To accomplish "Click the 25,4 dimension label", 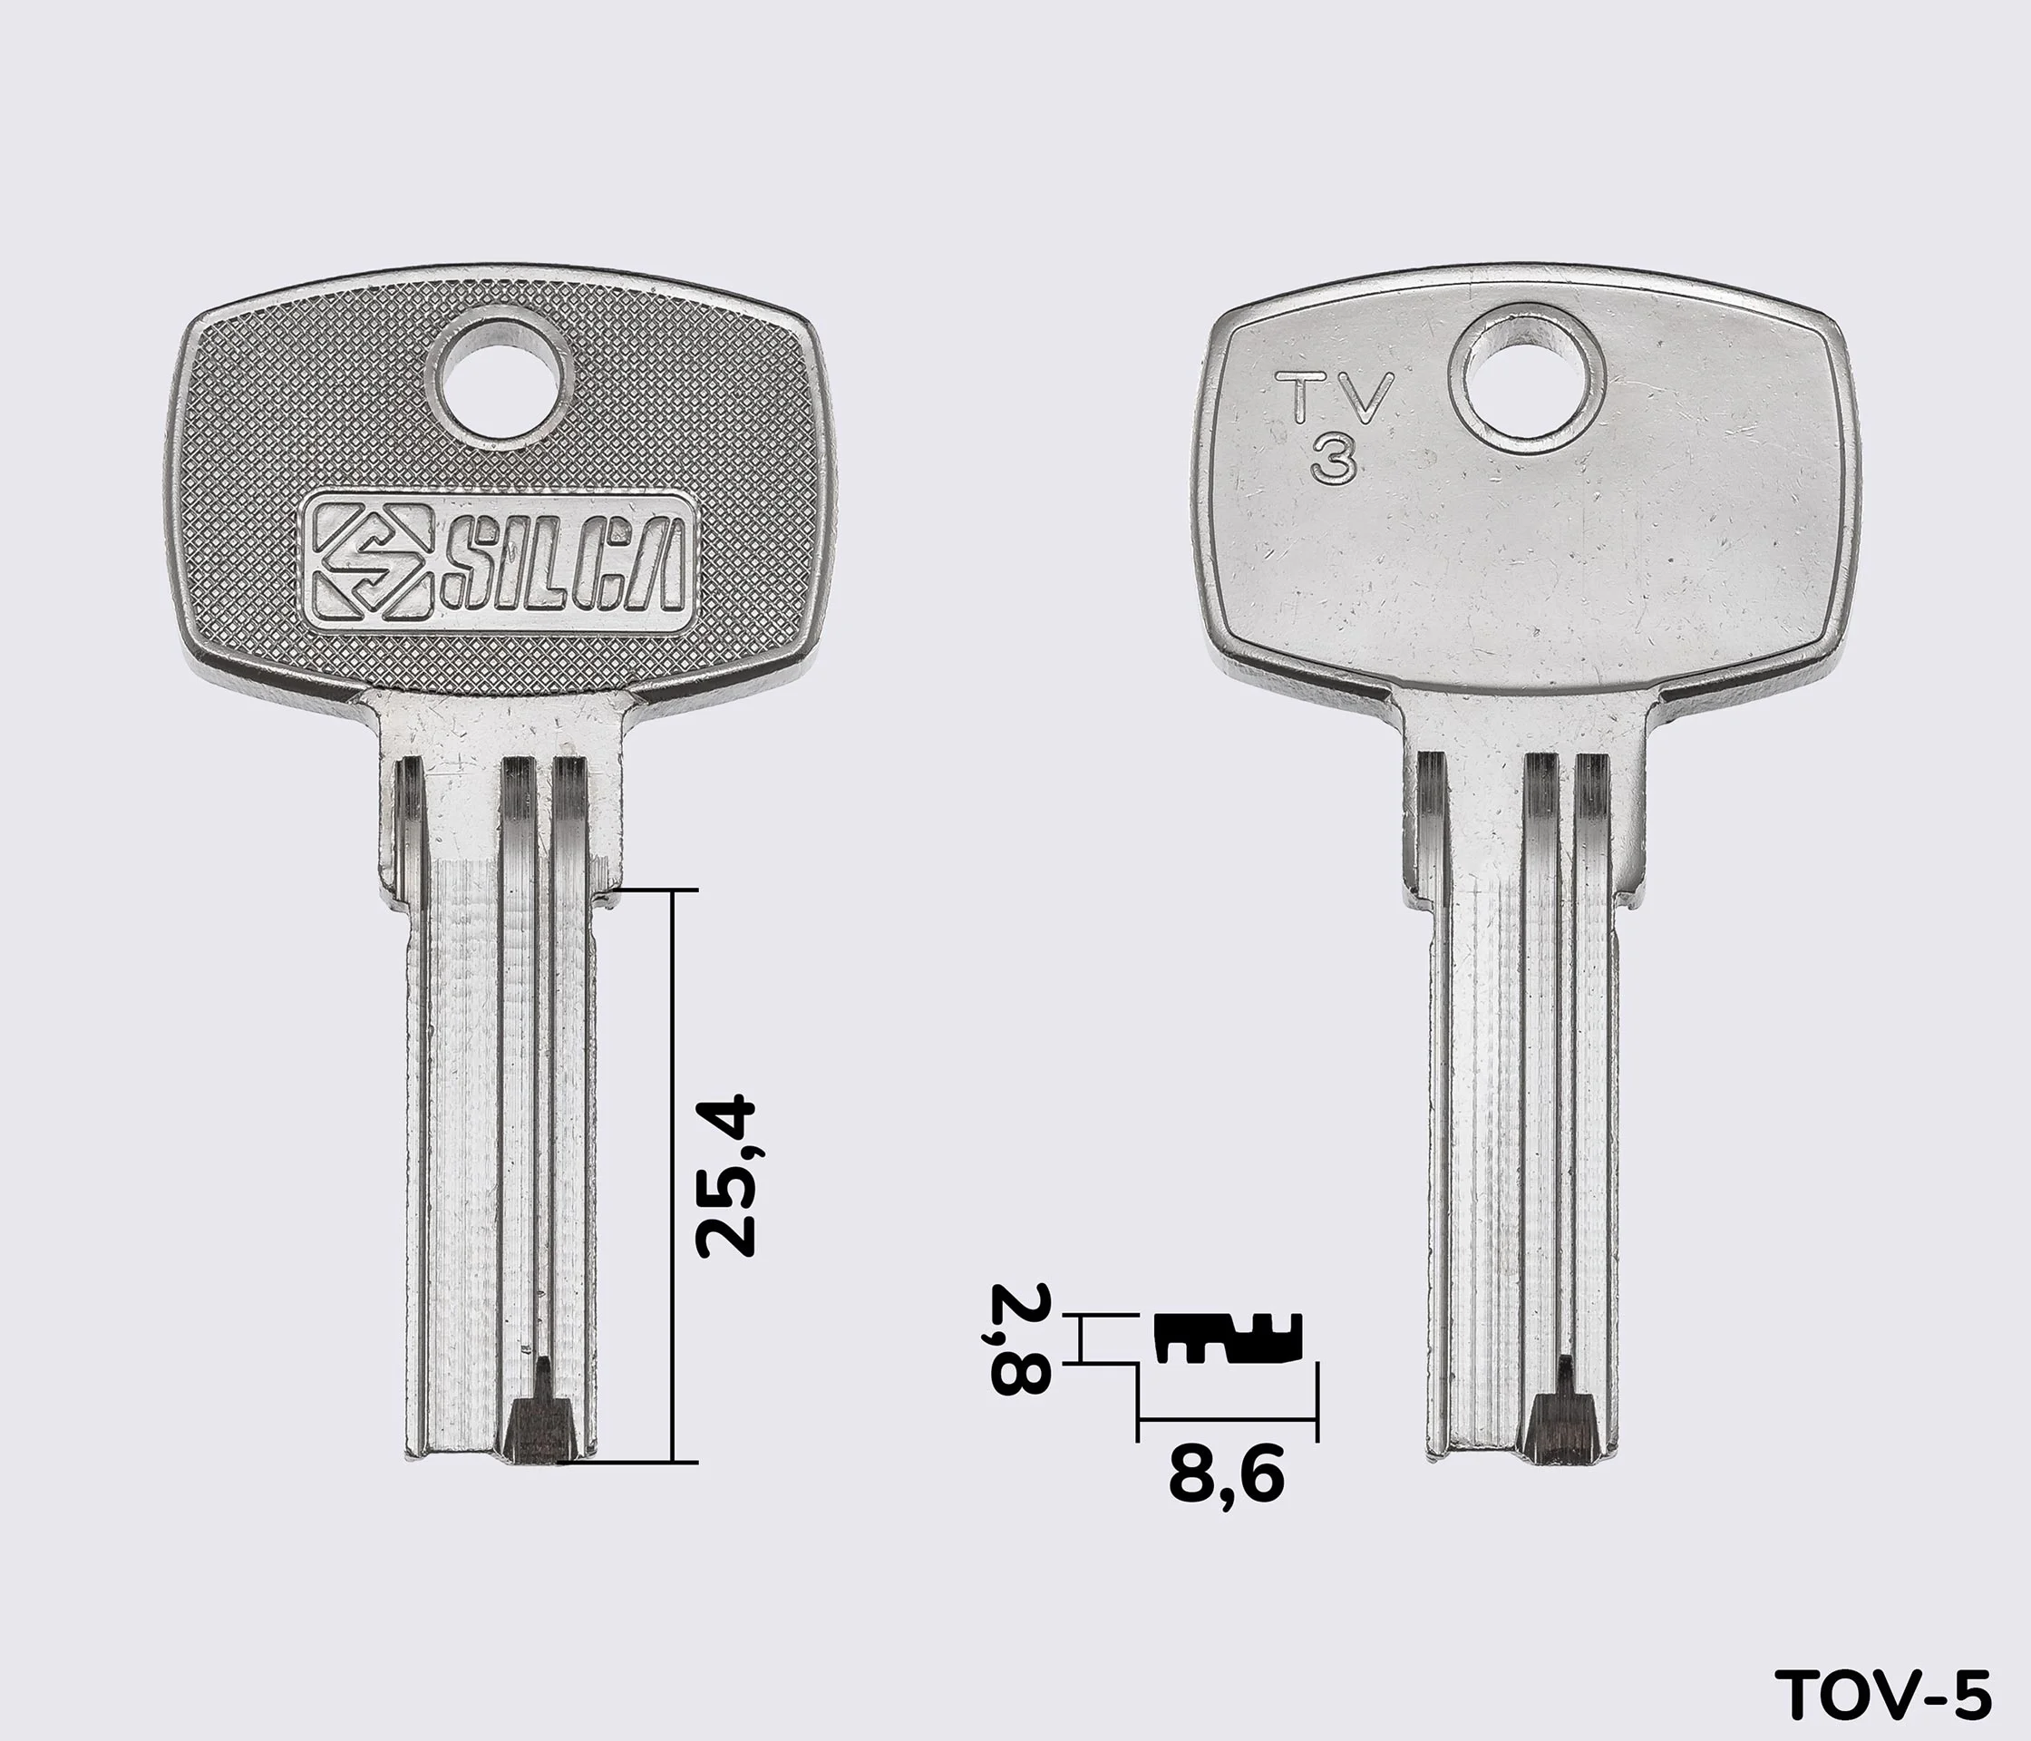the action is tap(725, 1177).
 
